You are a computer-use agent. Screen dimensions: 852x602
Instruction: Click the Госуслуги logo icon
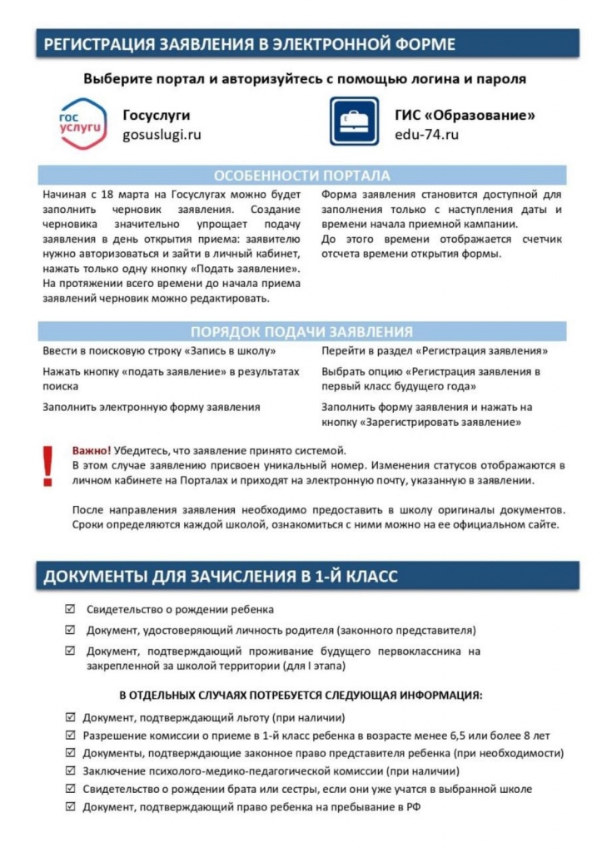click(x=83, y=124)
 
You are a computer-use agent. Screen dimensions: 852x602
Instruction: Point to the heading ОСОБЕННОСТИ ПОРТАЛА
click(x=301, y=176)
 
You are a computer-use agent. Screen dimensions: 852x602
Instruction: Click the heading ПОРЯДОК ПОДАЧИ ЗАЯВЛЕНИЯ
click(x=301, y=331)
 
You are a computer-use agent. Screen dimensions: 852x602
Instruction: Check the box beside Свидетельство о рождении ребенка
click(x=70, y=610)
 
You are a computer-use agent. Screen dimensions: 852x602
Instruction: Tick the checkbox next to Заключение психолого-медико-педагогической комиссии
click(x=70, y=770)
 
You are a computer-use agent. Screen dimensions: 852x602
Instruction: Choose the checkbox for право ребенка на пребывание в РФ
click(x=70, y=807)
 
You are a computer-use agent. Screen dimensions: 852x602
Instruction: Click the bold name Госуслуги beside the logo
click(x=157, y=115)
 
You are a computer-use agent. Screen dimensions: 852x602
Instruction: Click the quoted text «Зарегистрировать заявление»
click(x=441, y=423)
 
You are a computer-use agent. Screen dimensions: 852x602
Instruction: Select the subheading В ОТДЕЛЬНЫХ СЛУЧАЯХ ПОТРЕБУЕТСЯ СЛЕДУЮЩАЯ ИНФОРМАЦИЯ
click(x=301, y=695)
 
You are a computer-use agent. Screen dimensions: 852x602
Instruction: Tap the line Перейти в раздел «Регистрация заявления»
click(x=435, y=351)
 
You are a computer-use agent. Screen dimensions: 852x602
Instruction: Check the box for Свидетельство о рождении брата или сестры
click(x=70, y=789)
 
